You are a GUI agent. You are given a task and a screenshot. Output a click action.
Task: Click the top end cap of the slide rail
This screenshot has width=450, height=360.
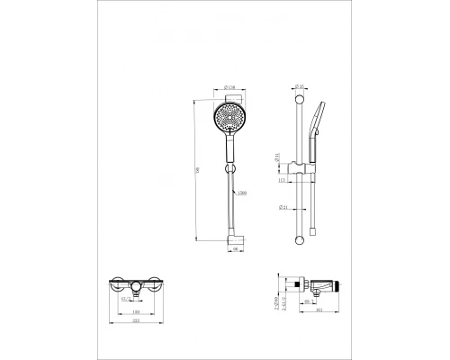[298, 99]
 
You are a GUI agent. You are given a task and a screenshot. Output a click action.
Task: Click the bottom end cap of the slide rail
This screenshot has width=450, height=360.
[298, 238]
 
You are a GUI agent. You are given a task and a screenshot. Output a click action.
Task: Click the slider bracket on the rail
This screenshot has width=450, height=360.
[301, 166]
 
